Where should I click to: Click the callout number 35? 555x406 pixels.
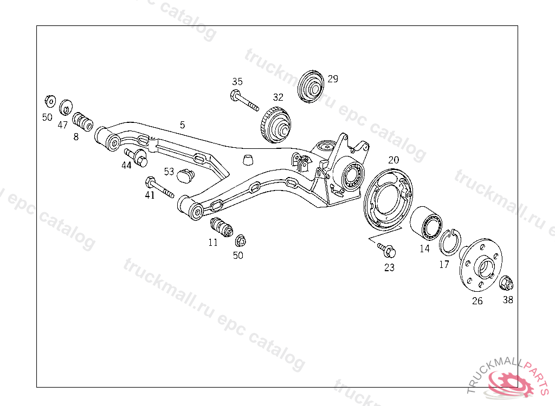point(237,82)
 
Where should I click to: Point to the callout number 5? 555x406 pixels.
point(182,125)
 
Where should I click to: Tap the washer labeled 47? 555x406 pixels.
point(66,107)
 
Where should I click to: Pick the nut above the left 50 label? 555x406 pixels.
point(49,101)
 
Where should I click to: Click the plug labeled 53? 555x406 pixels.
point(186,175)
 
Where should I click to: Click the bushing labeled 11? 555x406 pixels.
point(221,226)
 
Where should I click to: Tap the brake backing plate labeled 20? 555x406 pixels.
point(389,198)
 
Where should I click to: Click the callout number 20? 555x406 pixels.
point(393,160)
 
